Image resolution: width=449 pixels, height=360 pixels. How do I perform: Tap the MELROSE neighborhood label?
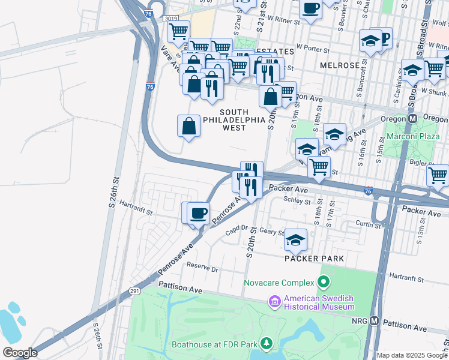[340, 65]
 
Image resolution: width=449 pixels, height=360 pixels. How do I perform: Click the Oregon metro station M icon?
[413, 119]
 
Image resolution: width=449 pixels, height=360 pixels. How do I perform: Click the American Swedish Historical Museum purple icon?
[276, 302]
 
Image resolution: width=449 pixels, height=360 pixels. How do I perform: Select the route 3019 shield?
[170, 19]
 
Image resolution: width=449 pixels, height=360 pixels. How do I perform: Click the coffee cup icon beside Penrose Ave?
[198, 213]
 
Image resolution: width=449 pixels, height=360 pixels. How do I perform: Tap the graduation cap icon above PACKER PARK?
[295, 240]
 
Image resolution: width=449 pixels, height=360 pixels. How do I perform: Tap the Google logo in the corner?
[20, 353]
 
